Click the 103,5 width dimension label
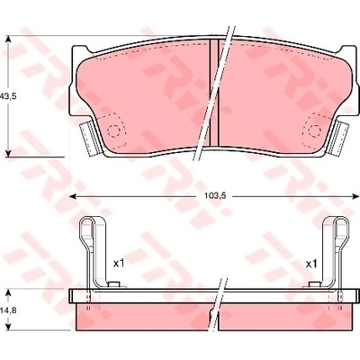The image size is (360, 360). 214,196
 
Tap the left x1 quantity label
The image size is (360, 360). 119,264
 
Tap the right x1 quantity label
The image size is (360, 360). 311,264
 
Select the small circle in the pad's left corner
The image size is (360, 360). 113,130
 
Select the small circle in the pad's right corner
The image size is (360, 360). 314,130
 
